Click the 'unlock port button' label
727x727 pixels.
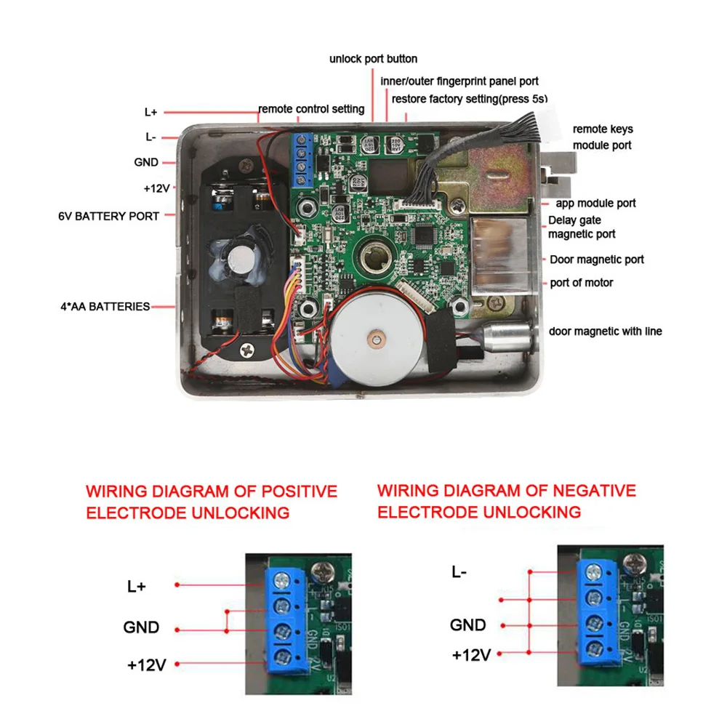[x=373, y=59]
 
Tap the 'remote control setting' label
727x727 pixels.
[x=311, y=109]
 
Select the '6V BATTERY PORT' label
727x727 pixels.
[x=108, y=216]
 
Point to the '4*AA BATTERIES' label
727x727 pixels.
[x=105, y=307]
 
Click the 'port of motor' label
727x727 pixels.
[x=581, y=283]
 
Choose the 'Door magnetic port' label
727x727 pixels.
[x=596, y=260]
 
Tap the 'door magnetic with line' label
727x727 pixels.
[x=605, y=332]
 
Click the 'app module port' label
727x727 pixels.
[x=595, y=204]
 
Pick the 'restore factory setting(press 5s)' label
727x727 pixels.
[x=469, y=98]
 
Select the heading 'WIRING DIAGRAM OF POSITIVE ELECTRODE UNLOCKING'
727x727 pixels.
[x=211, y=502]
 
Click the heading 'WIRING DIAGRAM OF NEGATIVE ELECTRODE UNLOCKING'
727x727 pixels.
[x=506, y=501]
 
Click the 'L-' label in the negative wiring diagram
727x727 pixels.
[x=459, y=571]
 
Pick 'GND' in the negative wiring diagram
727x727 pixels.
[x=467, y=624]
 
